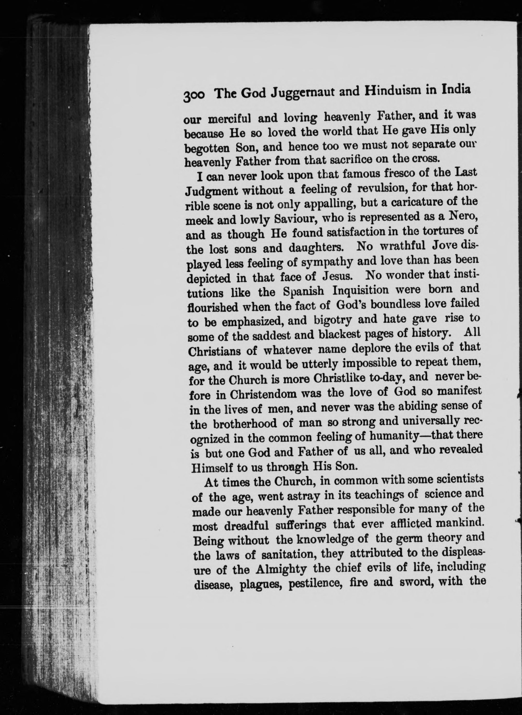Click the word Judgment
coord(211,191)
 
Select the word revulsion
coord(381,189)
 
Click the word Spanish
coord(303,291)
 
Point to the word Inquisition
coord(360,290)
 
